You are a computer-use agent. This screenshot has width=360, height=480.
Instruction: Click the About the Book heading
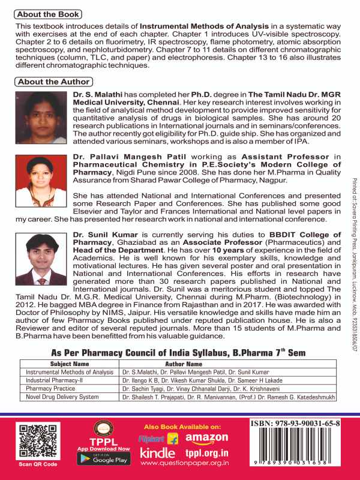pos(48,14)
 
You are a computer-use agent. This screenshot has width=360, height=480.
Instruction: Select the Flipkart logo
pos(158,439)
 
